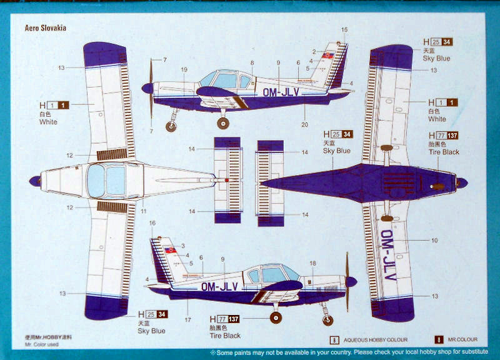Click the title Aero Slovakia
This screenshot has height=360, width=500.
click(46, 28)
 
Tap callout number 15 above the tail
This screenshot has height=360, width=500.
click(344, 30)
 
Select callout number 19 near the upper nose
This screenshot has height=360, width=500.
click(184, 69)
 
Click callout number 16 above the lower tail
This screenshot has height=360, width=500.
click(152, 223)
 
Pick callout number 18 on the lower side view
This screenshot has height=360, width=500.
click(313, 264)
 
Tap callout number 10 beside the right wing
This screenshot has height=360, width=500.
click(434, 240)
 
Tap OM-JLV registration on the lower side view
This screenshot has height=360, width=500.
click(219, 286)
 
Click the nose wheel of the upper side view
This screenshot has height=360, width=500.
click(171, 127)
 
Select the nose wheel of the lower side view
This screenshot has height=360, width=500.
click(327, 321)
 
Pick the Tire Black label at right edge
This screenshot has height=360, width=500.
click(443, 152)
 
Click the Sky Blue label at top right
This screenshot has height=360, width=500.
click(436, 58)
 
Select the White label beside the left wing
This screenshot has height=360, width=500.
click(48, 122)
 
